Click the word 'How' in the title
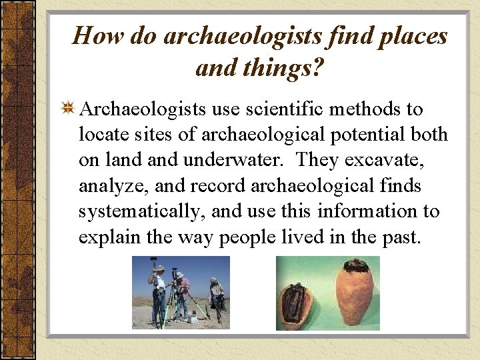point(93,35)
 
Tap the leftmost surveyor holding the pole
point(158,293)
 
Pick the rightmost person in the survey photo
point(216,297)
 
